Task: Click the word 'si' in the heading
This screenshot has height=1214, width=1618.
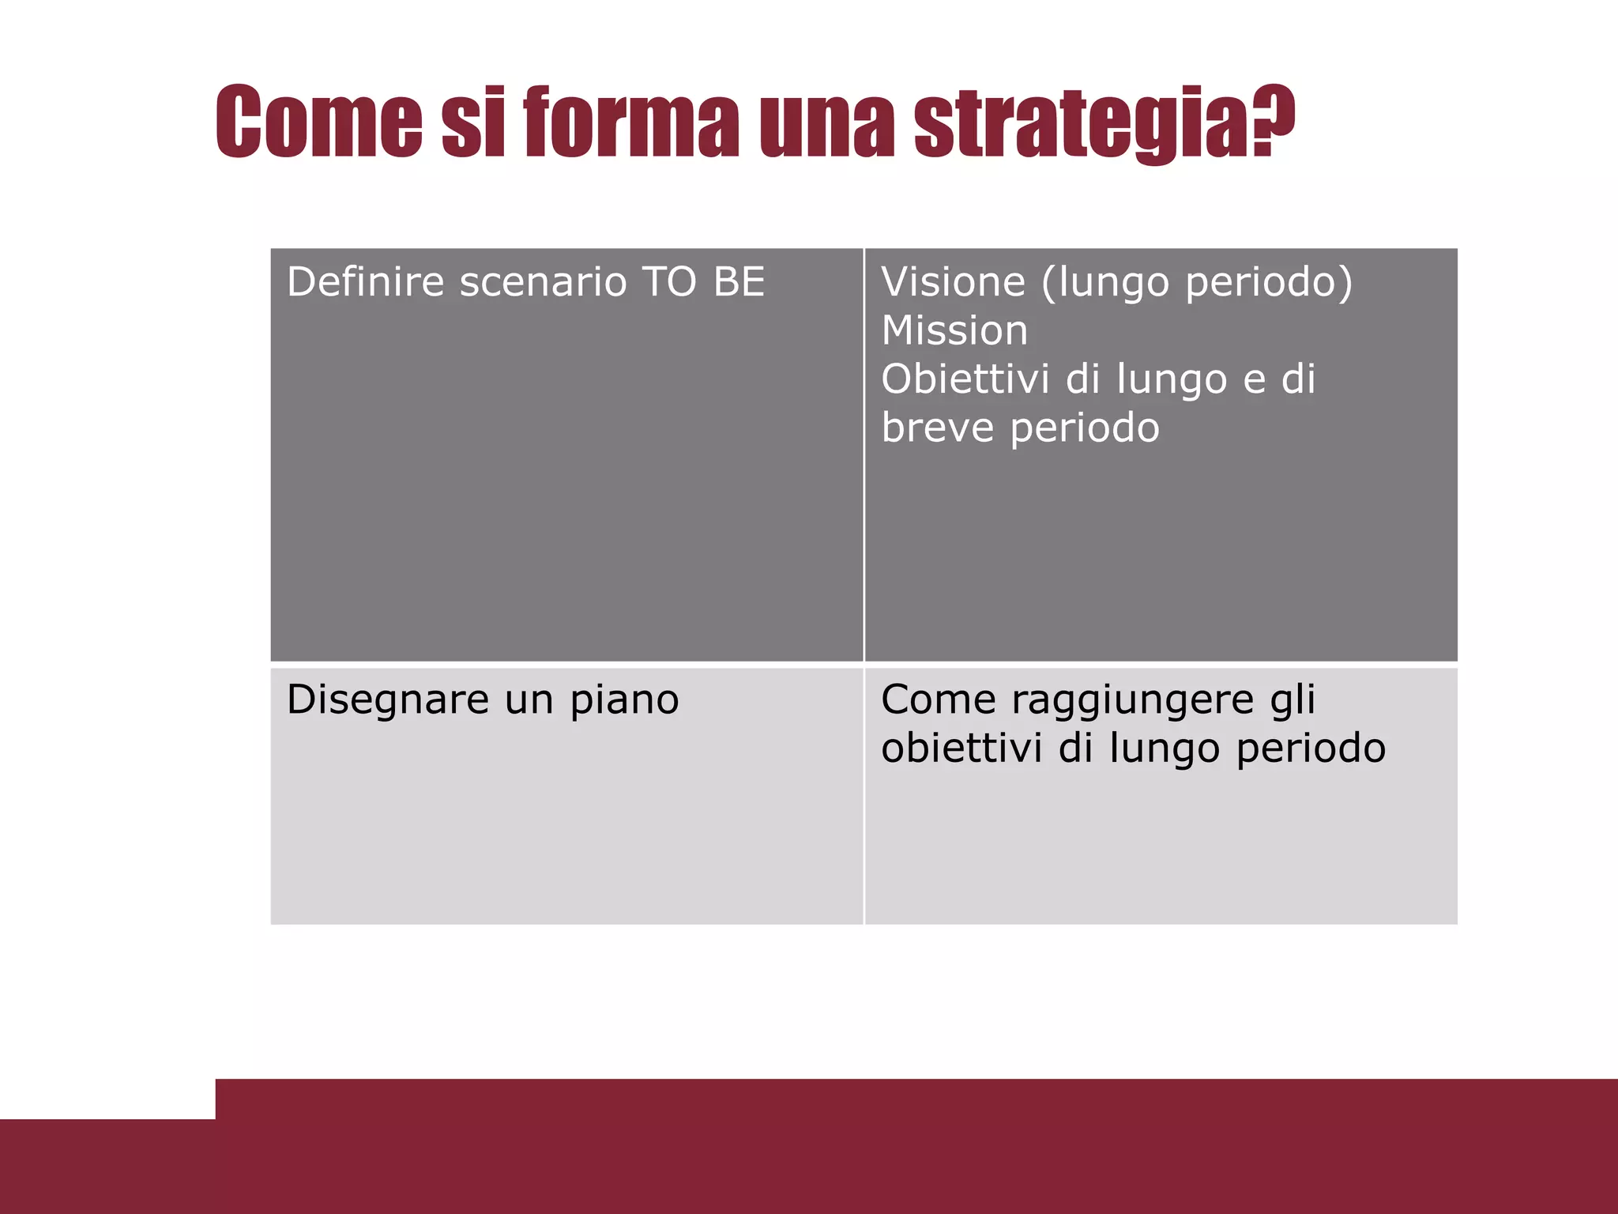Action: tap(472, 123)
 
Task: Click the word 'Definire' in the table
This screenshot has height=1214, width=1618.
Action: tap(366, 282)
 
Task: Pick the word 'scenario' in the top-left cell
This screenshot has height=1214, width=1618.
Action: tap(543, 282)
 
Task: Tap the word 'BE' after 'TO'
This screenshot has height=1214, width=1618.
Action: tap(739, 282)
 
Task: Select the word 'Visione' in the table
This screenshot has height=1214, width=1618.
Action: tap(953, 282)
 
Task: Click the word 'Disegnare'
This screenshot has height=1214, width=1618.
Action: tap(387, 700)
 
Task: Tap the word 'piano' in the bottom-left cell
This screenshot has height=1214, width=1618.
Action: tap(624, 700)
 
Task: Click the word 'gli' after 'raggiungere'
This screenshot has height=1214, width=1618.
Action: tap(1293, 700)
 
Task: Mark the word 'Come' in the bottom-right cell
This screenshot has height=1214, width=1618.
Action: tap(939, 699)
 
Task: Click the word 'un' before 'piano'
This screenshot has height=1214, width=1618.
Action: tap(529, 700)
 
